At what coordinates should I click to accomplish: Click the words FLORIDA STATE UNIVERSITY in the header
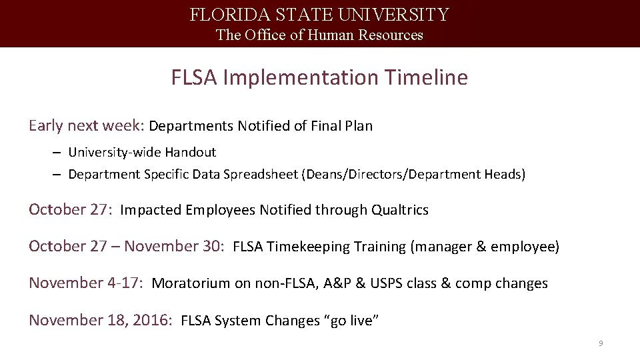pyautogui.click(x=319, y=15)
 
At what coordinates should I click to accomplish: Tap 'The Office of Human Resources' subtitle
pyautogui.click(x=319, y=35)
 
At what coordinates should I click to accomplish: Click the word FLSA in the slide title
pyautogui.click(x=195, y=78)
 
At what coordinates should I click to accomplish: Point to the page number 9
pyautogui.click(x=601, y=343)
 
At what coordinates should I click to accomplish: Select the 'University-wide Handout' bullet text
pyautogui.click(x=142, y=153)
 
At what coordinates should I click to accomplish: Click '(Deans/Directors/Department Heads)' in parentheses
pyautogui.click(x=413, y=175)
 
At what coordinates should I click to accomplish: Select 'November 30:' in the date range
pyautogui.click(x=174, y=247)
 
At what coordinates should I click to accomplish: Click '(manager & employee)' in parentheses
pyautogui.click(x=485, y=247)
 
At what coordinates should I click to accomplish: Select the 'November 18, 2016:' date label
pyautogui.click(x=101, y=321)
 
